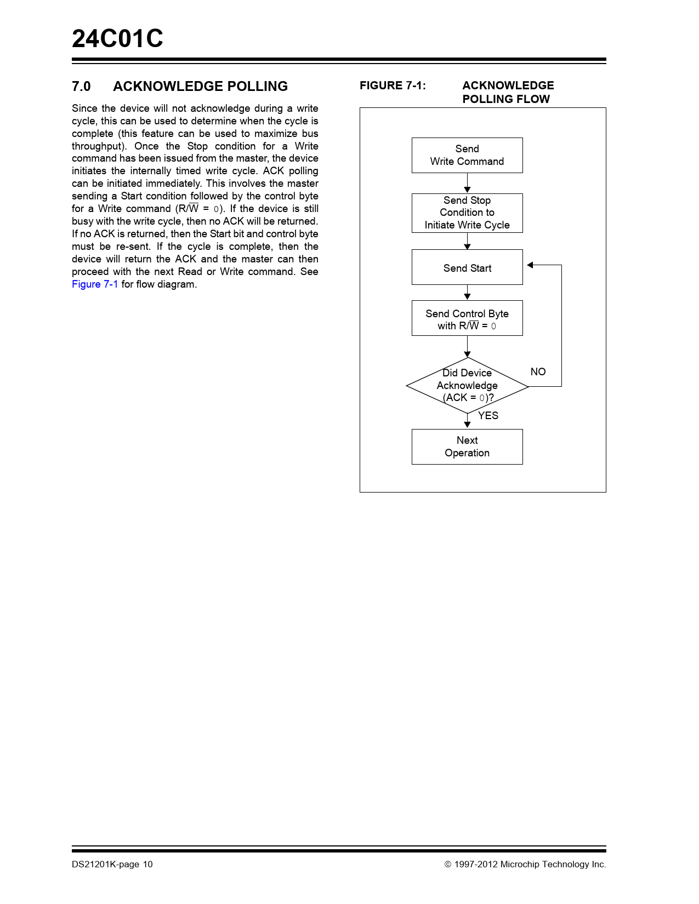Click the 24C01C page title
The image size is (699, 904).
pos(117,39)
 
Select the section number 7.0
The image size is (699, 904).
pos(81,87)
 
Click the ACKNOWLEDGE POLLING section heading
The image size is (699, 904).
pos(200,87)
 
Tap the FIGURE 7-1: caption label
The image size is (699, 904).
pos(393,85)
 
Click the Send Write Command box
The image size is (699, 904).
pos(467,156)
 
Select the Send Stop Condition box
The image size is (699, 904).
pos(467,213)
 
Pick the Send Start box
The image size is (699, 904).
pos(467,267)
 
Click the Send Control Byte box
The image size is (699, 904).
pos(467,318)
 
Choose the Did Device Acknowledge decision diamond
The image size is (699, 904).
pos(467,386)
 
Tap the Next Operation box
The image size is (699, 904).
pos(467,447)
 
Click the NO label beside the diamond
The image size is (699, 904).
pos(538,372)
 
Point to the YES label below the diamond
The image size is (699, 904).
pos(488,416)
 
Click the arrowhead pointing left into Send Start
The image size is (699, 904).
pos(530,265)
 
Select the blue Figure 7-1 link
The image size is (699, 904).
pos(95,284)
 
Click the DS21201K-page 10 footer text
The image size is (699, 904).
pos(112,865)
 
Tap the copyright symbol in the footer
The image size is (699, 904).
pos(447,865)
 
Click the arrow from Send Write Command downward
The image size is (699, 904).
pos(467,183)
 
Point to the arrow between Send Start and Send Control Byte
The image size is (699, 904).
pos(467,293)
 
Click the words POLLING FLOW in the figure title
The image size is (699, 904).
pos(505,99)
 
